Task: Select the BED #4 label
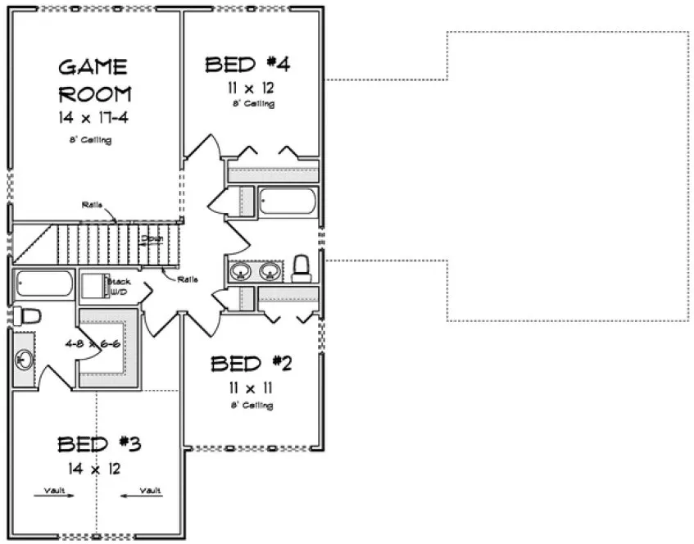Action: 248,64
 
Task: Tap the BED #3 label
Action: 99,444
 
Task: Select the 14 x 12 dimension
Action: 97,469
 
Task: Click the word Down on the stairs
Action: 152,238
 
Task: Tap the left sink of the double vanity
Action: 242,271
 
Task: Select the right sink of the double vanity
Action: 270,271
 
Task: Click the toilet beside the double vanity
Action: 301,268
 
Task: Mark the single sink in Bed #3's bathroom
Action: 22,358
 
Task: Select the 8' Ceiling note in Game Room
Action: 90,139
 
